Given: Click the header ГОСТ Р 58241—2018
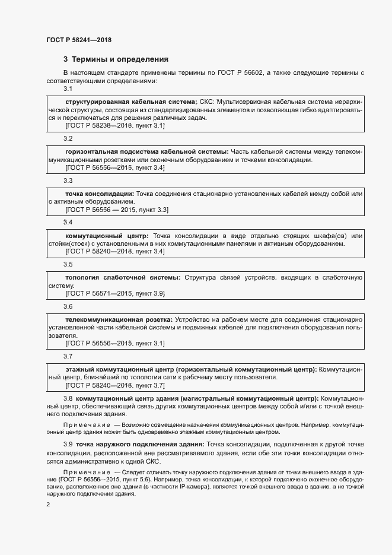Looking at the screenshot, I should [x=78, y=40].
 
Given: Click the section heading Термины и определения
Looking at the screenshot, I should [x=116, y=59].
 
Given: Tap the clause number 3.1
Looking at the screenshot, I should [x=68, y=89].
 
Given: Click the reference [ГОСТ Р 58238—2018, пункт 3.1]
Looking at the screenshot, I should [x=115, y=126].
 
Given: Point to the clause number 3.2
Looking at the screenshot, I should [x=68, y=138].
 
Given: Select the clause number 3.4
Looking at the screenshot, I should [x=68, y=222].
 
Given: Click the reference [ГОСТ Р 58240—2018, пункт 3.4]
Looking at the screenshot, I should [x=115, y=252].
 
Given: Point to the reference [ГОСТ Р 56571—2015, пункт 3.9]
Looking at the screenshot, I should [x=115, y=293].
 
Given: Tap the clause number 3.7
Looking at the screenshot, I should [x=68, y=356].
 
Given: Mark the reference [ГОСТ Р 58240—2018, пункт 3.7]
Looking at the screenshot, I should [x=115, y=385].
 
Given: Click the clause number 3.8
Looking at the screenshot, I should [x=68, y=398].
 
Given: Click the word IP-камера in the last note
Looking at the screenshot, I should [x=213, y=486].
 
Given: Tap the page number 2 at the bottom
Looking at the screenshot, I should [x=48, y=505].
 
